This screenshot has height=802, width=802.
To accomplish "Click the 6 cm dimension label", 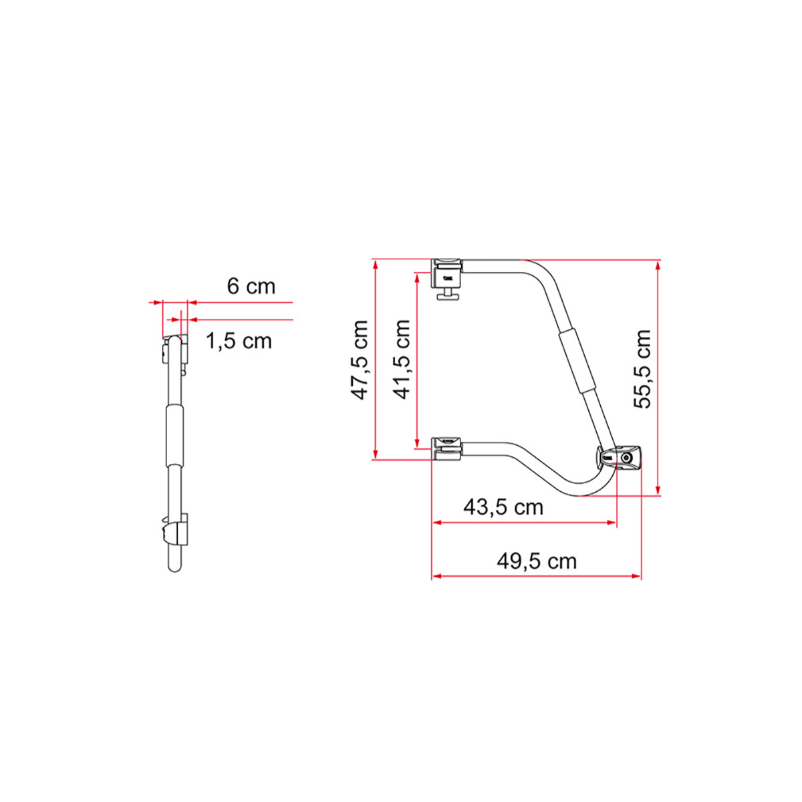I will coord(251,287).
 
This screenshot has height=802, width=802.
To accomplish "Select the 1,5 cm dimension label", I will coord(239,341).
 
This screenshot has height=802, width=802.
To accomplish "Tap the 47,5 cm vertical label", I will coord(362,360).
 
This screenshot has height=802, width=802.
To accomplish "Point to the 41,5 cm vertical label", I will coord(402,360).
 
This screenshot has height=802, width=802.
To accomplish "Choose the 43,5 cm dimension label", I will coord(503,507).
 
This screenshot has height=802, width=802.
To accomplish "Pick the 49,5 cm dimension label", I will coord(536,561).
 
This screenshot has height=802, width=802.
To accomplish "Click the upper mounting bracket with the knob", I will coord(448,273).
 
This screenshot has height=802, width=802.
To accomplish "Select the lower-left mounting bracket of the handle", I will coord(447,449).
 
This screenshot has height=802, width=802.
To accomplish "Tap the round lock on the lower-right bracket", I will coord(626,458).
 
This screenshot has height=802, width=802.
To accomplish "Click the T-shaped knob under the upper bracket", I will coord(448,295).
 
